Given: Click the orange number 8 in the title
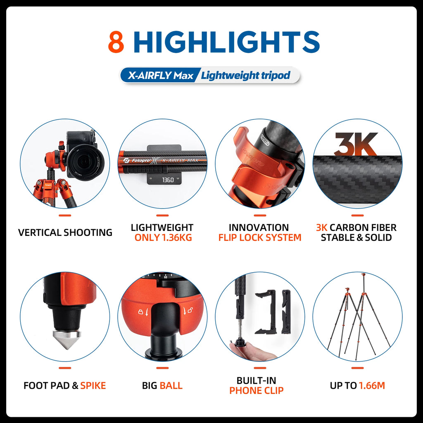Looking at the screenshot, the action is point(116,42).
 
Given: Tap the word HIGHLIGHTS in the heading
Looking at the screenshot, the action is point(227,42).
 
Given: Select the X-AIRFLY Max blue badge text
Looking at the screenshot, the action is point(161,75).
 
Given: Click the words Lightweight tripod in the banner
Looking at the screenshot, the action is point(245,75).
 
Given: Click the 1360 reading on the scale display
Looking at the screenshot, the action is point(168,180).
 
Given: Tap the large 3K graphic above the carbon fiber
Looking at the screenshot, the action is point(356,144).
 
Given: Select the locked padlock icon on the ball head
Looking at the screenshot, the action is point(140,312).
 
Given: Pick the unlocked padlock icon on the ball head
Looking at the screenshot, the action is point(190,311).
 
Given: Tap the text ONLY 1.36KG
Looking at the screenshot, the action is point(163,238).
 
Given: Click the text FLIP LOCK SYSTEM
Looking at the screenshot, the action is point(260,238).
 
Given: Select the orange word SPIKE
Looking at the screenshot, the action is point(93,386).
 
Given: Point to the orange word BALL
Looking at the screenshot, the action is point(171,386).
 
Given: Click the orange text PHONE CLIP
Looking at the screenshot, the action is point(257,391).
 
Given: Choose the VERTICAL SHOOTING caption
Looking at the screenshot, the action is point(65,233).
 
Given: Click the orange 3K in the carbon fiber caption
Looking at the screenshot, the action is point(321,228).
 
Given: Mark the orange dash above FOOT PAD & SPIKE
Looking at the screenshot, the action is point(65,368).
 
